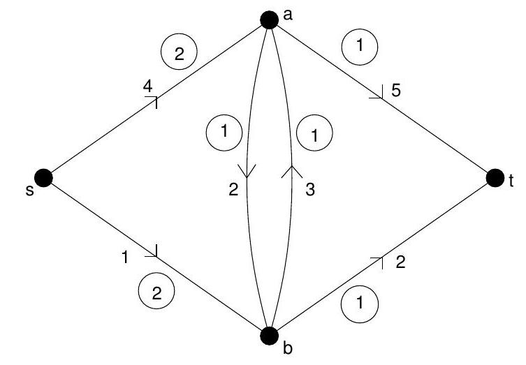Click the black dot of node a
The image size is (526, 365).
[x=269, y=19]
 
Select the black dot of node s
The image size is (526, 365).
[x=43, y=178]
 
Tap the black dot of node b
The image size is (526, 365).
[x=269, y=336]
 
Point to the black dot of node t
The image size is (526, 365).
[x=495, y=178]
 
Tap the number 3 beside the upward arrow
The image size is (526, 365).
[x=310, y=191]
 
